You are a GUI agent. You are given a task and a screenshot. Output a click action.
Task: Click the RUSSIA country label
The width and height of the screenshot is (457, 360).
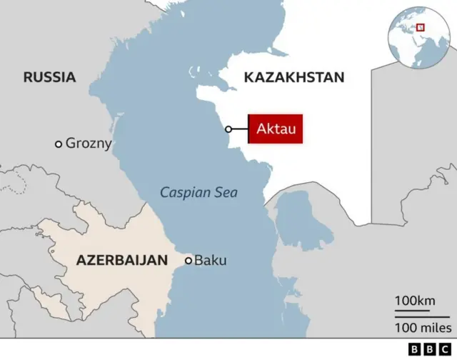click(49, 77)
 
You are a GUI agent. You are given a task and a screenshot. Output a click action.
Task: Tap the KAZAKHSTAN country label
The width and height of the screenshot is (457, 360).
click(293, 77)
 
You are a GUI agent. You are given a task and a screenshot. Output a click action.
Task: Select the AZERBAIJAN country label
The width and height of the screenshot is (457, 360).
click(121, 260)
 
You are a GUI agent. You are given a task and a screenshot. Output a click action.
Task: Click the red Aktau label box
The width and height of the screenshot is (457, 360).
click(275, 129)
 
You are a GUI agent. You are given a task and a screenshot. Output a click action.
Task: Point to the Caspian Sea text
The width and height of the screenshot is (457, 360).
click(199, 192)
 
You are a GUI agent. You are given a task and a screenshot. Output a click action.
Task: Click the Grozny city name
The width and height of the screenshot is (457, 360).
click(89, 144)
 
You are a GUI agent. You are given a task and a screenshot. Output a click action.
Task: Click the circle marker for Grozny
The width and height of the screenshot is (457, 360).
click(59, 144)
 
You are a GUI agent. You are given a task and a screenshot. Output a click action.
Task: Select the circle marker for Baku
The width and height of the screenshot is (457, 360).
click(189, 261)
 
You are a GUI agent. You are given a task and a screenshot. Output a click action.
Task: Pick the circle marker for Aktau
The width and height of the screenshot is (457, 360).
click(228, 129)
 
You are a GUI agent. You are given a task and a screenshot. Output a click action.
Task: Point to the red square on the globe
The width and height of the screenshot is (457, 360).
click(421, 28)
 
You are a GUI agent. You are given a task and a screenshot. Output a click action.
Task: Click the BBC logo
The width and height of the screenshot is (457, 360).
click(428, 349)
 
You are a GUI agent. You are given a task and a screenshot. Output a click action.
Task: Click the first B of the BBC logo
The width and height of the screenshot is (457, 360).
click(414, 349)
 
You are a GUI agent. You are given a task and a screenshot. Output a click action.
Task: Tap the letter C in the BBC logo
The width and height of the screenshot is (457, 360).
click(442, 349)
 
